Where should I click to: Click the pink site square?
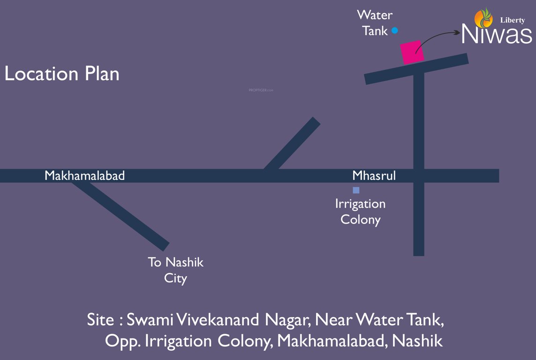(x=412, y=52)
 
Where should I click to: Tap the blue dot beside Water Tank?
(x=395, y=30)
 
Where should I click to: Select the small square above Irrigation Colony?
(x=356, y=190)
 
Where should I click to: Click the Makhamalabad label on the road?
(x=85, y=176)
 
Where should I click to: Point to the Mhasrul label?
(x=374, y=176)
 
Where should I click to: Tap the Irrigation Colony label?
(x=360, y=211)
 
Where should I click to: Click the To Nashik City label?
(x=176, y=270)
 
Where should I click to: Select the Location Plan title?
(x=62, y=74)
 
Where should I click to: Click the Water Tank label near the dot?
(x=375, y=23)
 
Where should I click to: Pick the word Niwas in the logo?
(x=497, y=34)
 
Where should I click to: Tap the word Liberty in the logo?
(x=513, y=20)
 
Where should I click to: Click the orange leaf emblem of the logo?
(x=483, y=18)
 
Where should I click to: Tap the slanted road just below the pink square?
(x=416, y=68)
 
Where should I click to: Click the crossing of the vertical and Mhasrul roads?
(x=419, y=176)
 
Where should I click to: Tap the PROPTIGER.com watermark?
(x=261, y=90)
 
